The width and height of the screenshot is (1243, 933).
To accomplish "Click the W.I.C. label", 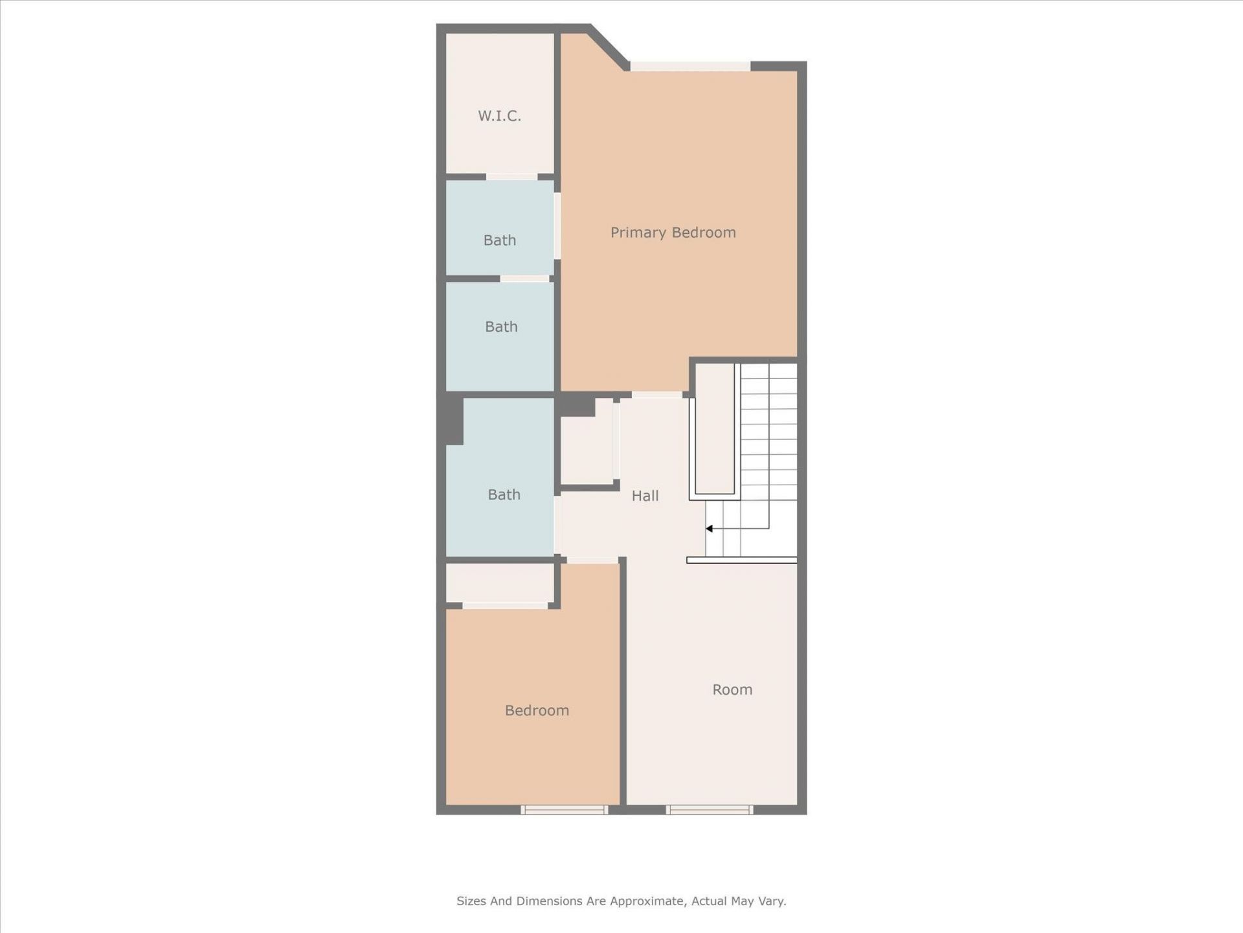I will tap(499, 116).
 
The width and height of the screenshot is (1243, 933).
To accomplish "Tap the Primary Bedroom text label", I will tap(673, 233).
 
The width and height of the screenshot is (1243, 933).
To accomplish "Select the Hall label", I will tap(645, 496).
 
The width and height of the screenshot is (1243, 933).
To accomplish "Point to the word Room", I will tap(732, 689).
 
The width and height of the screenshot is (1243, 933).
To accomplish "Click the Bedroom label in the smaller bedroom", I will tap(537, 710).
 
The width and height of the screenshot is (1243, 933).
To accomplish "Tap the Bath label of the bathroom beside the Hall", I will tap(504, 494).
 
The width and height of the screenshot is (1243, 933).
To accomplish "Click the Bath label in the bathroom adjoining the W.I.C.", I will tap(499, 240).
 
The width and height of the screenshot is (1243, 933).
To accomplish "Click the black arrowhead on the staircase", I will tap(710, 529).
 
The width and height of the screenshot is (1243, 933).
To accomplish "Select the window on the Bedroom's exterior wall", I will tap(564, 809).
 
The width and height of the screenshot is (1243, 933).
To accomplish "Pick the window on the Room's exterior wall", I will tap(710, 809).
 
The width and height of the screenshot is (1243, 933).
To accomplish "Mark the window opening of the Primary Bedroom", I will tap(690, 66).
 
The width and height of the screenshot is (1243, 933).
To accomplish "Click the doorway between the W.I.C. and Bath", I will tap(511, 177).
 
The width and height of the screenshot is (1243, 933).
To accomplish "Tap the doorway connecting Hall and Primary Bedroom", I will tap(656, 395).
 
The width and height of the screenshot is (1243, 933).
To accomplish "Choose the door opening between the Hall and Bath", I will tap(557, 525).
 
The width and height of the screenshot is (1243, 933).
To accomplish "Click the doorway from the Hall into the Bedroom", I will tap(592, 560).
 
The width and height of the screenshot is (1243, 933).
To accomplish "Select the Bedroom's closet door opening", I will tap(505, 606).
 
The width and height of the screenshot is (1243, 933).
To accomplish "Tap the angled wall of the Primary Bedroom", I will tap(609, 47).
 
